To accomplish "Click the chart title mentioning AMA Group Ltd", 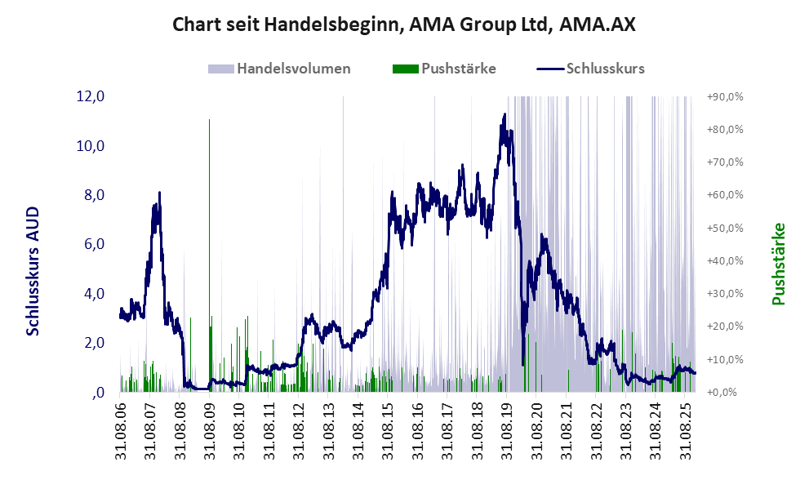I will tap(404, 24).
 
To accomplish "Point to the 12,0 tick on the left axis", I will tap(91, 96).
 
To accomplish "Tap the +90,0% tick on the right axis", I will tap(723, 96).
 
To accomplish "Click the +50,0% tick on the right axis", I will tap(723, 228).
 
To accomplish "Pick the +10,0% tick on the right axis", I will tap(723, 359).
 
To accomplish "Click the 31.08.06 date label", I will tap(120, 429).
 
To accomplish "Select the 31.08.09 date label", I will tap(209, 429).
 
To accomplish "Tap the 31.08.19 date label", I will tap(506, 429).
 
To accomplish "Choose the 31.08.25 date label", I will tap(685, 429).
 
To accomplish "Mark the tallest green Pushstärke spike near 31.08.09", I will tap(209, 121).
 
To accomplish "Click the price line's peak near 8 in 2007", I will tap(159, 193).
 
